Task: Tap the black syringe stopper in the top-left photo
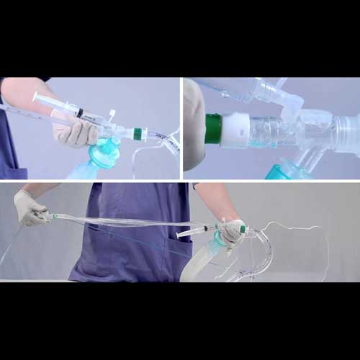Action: coord(81,114)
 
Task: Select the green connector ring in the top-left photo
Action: coord(137,134)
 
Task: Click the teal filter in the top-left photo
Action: coord(107,152)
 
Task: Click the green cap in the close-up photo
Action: coord(213,130)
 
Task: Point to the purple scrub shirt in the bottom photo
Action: coord(130,245)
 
